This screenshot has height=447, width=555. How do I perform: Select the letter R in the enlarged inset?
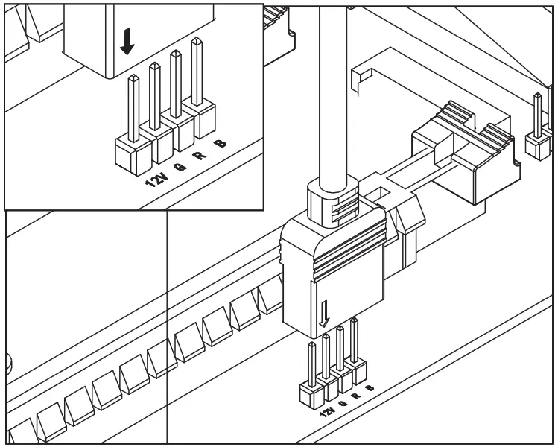coord(199,155)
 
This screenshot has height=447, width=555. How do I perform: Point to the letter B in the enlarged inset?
coord(219,144)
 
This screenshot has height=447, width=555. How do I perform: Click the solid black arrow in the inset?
coord(127,43)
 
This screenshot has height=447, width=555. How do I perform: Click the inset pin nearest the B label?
coord(197,74)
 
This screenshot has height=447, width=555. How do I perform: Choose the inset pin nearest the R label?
coord(177,86)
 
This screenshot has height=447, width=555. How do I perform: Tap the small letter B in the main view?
coord(370,387)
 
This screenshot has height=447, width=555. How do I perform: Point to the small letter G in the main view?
coord(342,403)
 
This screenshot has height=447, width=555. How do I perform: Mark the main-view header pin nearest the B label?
coord(355,343)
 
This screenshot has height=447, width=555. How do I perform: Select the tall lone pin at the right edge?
coord(536,115)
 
